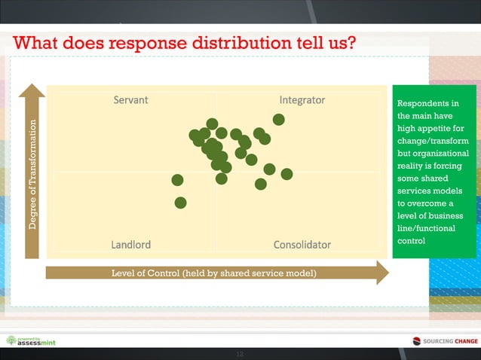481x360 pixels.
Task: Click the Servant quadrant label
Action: point(130,100)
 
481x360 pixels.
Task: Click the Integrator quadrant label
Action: point(302,100)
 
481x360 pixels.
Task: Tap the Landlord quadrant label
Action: point(130,245)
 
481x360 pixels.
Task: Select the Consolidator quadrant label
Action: point(302,245)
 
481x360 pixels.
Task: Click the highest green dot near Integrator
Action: point(278,119)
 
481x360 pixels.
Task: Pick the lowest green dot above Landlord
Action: point(180,202)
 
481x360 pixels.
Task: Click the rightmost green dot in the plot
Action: point(286,174)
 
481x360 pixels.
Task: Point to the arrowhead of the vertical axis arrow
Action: point(32,90)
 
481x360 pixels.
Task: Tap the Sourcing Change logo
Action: point(445,341)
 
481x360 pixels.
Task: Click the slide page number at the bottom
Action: point(240,354)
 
